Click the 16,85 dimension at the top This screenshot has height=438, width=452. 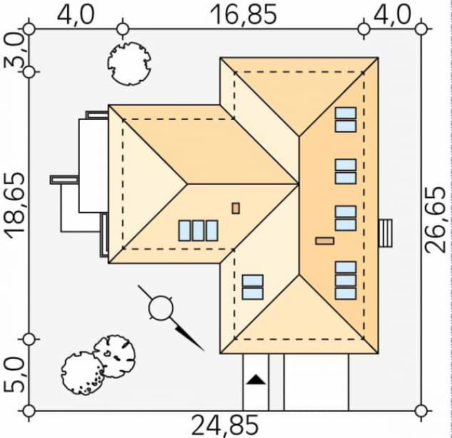[243, 14]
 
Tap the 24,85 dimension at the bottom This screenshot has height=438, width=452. [225, 425]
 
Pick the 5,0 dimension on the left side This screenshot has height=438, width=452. [14, 375]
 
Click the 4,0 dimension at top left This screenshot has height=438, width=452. [76, 14]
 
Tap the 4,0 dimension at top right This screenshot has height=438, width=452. [392, 14]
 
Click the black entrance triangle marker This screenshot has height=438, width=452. [255, 380]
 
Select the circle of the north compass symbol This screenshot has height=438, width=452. [161, 309]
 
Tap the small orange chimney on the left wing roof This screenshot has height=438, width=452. [236, 208]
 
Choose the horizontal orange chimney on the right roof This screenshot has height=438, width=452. [324, 240]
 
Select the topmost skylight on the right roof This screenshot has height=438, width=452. [346, 119]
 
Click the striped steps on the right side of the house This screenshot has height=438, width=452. [386, 233]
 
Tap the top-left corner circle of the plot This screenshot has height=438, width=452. [29, 29]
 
